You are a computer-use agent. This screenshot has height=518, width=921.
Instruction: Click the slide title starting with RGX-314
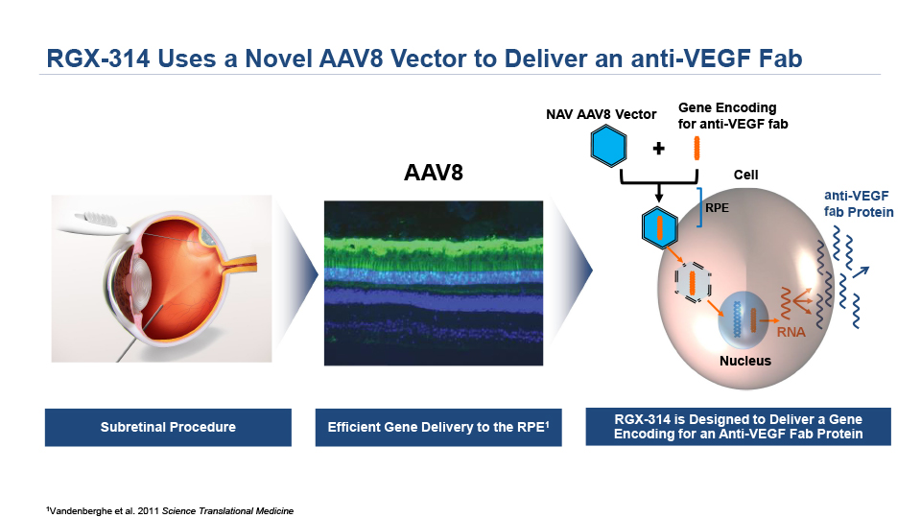click(x=424, y=59)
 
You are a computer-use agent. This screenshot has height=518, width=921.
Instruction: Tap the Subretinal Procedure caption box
click(x=168, y=428)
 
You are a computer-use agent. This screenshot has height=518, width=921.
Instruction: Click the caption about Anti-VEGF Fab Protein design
click(x=738, y=427)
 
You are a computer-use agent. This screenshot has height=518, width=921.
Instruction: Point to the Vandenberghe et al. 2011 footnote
click(x=169, y=511)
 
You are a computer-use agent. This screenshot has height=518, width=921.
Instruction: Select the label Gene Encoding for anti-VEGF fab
click(x=727, y=115)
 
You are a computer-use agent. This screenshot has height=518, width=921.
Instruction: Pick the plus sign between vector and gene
click(x=658, y=149)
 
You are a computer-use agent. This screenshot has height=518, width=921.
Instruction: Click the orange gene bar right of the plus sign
click(x=697, y=148)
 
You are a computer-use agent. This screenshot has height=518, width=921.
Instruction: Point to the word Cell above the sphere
click(x=745, y=175)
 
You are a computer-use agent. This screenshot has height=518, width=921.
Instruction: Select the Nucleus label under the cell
click(x=745, y=361)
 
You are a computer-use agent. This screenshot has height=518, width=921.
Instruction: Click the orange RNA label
click(x=791, y=333)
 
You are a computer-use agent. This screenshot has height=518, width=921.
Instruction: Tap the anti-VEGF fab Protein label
click(x=859, y=203)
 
